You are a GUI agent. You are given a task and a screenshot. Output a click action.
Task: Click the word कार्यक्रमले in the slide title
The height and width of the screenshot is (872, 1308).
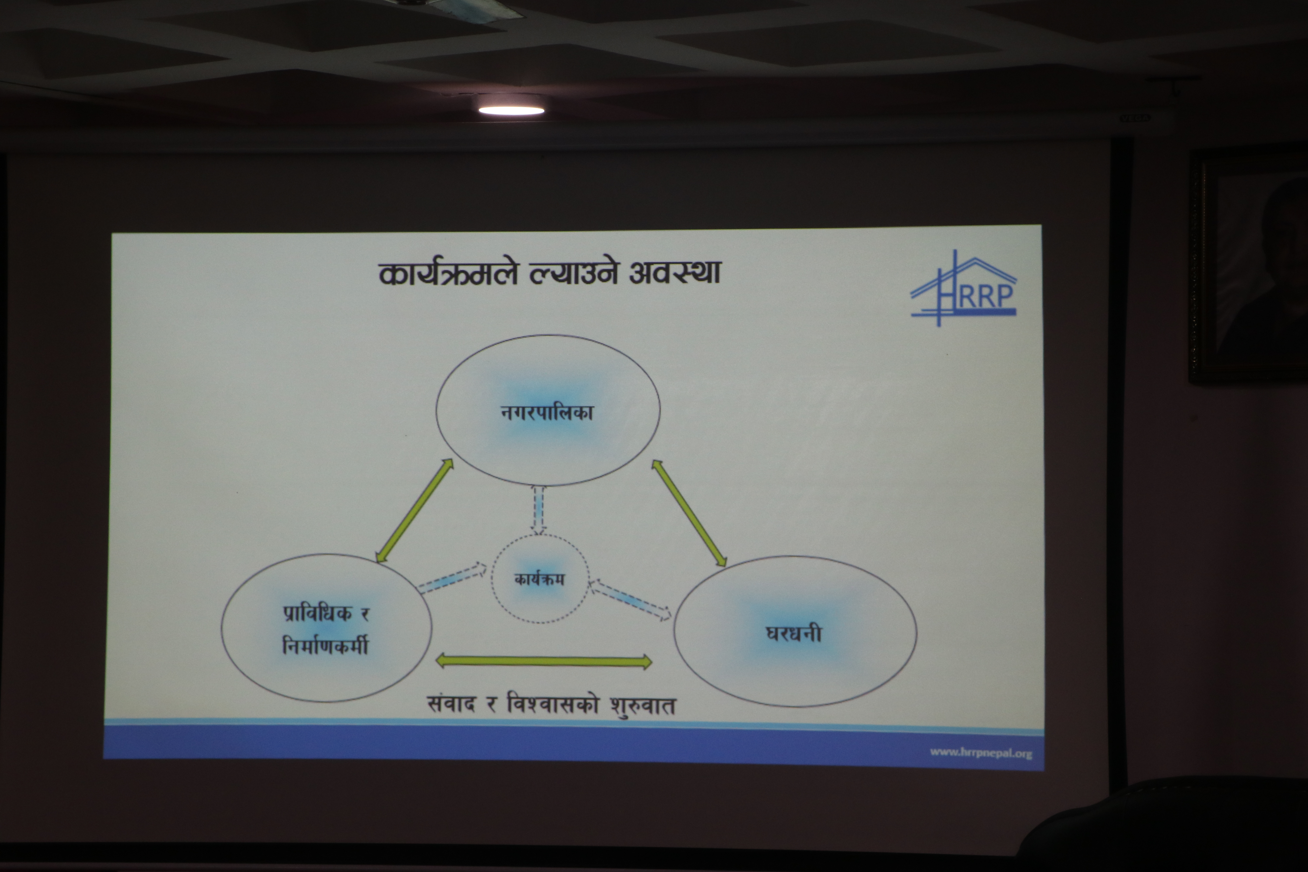[x=448, y=273]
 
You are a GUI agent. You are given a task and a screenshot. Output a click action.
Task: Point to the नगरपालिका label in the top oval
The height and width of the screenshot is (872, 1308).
[x=547, y=412]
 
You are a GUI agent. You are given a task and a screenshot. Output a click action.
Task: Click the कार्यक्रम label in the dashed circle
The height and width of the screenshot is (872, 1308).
[x=539, y=579]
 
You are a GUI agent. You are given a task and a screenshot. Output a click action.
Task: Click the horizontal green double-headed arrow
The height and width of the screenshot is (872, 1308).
[x=543, y=661]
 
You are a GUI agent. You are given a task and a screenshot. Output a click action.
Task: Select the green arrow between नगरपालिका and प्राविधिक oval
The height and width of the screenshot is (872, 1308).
[x=414, y=511]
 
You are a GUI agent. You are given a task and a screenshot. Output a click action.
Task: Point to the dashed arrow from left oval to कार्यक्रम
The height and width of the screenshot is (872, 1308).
[x=451, y=578]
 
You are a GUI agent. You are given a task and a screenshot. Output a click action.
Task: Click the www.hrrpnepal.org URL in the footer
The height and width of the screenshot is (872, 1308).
[x=981, y=753]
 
